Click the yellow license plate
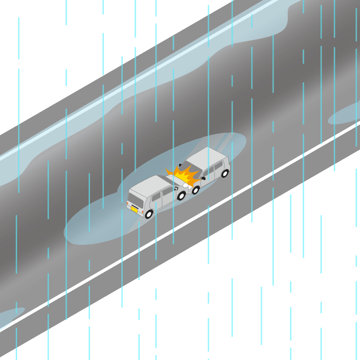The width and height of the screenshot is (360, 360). pyautogui.click(x=134, y=209)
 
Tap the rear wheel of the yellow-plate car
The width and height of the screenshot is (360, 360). pyautogui.click(x=149, y=214)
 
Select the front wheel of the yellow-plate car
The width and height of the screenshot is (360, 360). pyautogui.click(x=181, y=196)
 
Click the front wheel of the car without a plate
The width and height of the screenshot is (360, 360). pyautogui.click(x=195, y=189)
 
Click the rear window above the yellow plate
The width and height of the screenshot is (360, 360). pyautogui.click(x=135, y=199)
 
